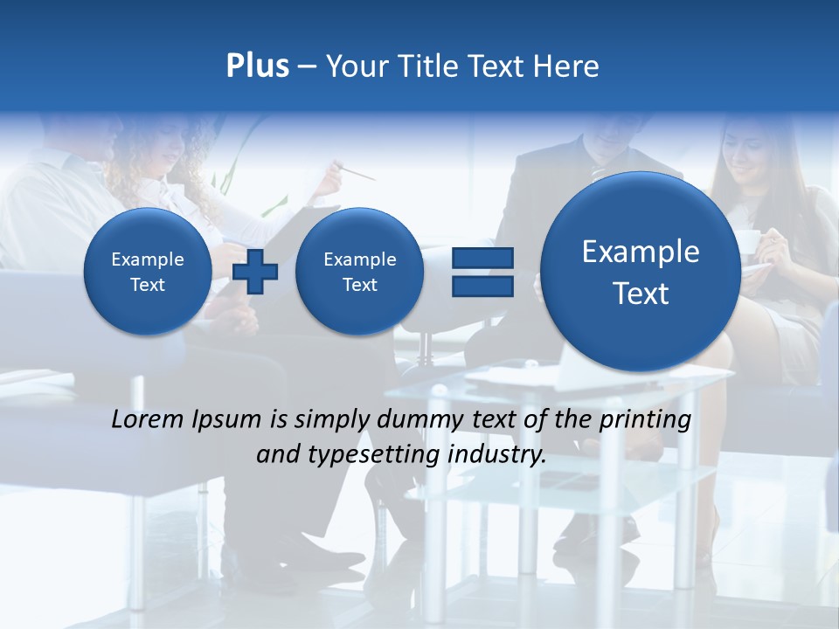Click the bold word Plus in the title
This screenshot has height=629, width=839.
257,66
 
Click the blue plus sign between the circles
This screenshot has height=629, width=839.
255,271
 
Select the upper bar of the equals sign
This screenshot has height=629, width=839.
482,258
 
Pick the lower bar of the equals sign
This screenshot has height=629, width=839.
482,286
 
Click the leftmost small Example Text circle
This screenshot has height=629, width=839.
147,272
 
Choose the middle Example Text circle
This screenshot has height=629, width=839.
359,272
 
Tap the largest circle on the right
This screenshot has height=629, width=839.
641,272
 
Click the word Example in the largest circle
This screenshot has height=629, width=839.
641,252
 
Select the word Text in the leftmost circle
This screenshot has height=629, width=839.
147,285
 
